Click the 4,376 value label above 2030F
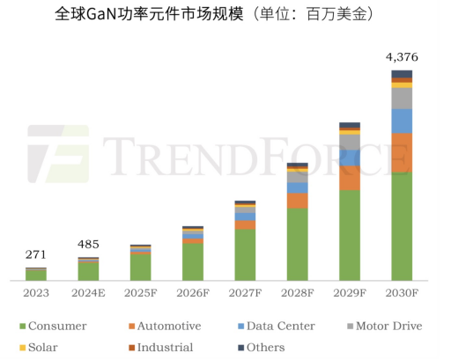point(402,57)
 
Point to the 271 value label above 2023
point(35,255)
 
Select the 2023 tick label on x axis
point(35,292)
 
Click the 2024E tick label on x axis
point(88,292)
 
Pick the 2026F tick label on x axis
point(193,292)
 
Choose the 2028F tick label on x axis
point(298,292)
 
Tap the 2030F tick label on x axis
point(402,292)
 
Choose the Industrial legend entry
point(159,348)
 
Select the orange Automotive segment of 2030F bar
point(402,152)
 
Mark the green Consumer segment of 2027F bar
point(245,255)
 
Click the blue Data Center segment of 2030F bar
point(402,121)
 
